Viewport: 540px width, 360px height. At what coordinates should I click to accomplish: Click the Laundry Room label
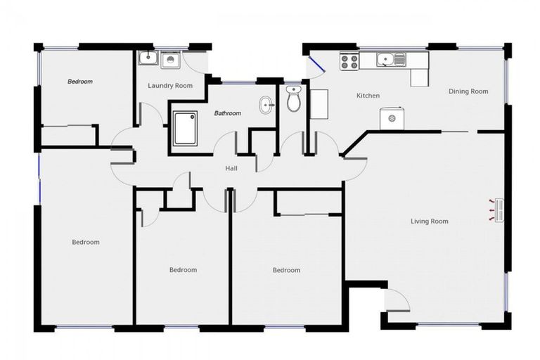170,86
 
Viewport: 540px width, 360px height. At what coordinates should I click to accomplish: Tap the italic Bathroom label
228,113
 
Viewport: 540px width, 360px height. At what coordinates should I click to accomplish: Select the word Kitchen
368,96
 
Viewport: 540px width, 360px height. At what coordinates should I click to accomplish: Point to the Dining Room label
468,91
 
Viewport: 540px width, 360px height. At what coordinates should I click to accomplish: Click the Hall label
231,169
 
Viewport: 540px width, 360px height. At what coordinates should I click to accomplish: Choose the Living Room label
429,221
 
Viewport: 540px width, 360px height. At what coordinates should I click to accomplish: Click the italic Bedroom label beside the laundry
80,82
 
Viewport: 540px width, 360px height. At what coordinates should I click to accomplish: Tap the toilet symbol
294,100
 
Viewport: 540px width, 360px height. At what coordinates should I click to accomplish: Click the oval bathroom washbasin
266,105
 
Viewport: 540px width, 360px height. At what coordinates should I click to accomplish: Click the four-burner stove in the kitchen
349,61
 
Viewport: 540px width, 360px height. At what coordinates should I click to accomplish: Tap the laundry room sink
147,58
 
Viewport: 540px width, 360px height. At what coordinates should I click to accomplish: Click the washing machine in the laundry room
170,60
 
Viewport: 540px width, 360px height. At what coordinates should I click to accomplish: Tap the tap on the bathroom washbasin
271,105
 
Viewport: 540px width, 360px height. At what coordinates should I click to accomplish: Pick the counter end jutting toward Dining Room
420,77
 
